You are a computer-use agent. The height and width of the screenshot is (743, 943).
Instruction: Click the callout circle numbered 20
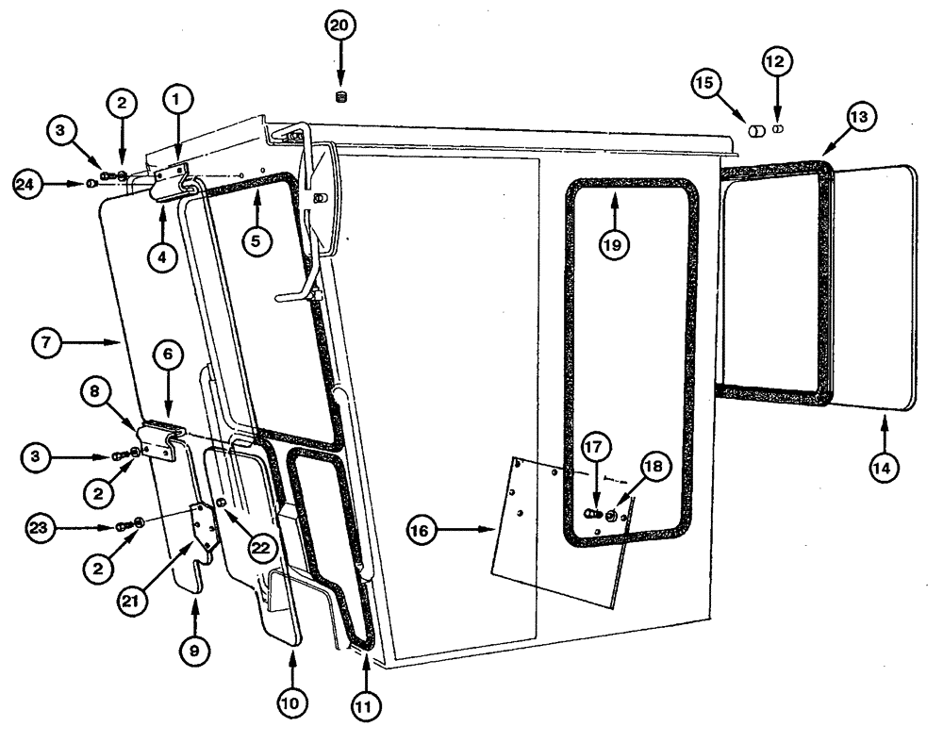click(341, 27)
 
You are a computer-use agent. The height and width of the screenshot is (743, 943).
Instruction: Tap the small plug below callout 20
click(341, 97)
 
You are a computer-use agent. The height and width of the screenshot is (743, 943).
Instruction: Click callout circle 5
click(256, 239)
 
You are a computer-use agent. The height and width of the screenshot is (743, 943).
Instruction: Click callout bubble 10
click(291, 702)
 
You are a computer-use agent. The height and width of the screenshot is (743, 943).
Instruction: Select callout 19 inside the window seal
click(614, 242)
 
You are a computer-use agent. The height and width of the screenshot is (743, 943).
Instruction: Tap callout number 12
click(777, 62)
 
